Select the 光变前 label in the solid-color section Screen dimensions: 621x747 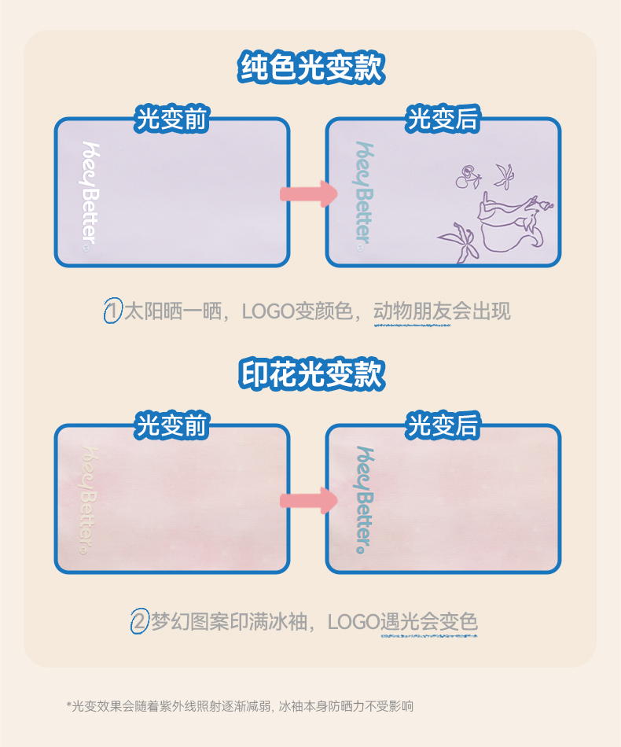coord(171,120)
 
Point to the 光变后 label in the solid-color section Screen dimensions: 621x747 coord(443,120)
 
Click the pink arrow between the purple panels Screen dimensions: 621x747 coord(307,193)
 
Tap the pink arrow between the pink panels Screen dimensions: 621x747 coord(307,500)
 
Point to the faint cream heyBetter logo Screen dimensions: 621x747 coord(89,500)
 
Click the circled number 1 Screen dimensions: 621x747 coord(113,311)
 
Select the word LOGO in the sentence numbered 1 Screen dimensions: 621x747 coord(266,311)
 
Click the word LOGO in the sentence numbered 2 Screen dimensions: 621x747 coord(353,622)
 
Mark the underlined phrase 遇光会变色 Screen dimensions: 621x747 coord(428,622)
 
